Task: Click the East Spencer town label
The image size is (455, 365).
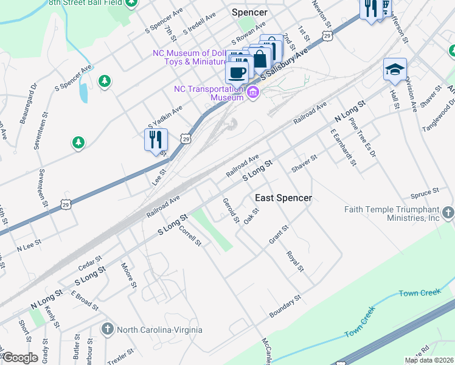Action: pos(283,198)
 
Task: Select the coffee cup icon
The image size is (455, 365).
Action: pos(237,72)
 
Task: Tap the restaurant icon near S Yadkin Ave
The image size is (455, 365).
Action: pos(156,139)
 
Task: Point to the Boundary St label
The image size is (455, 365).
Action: pos(285,306)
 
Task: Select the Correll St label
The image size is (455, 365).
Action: pos(190,237)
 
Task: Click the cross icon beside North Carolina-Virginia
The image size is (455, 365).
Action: pos(108,330)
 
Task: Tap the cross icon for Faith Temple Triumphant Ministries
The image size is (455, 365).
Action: pos(448,213)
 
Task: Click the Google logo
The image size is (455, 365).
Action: pos(20,358)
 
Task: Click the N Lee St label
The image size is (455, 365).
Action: pos(29,246)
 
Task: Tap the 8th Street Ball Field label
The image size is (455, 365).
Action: pos(82,3)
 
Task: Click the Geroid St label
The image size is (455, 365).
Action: pos(231,210)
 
